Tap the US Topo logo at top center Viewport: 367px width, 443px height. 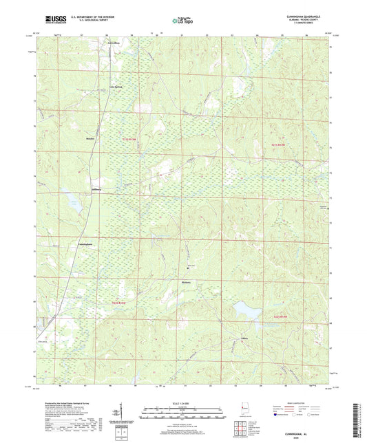182,21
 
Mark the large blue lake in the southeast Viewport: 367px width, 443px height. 247,311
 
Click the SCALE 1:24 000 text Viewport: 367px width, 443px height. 183,402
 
